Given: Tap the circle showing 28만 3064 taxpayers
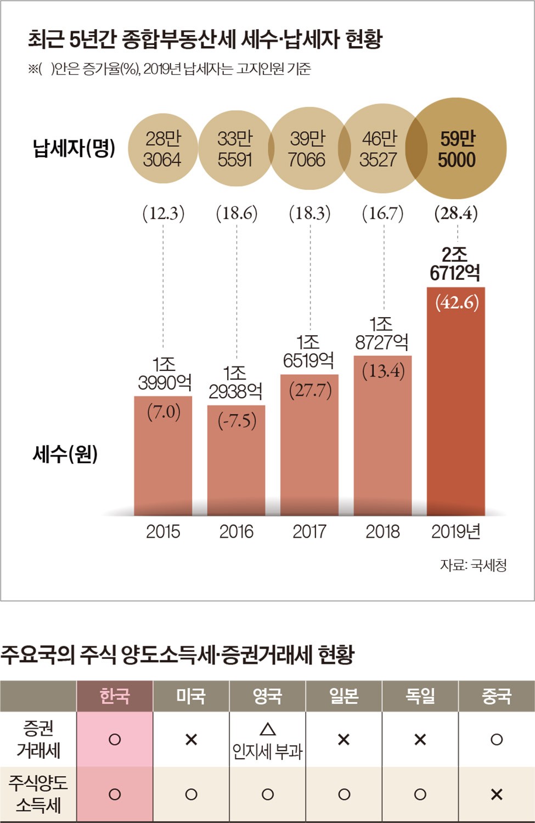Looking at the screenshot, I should [162, 149].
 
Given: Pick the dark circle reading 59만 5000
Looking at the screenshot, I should [457, 149].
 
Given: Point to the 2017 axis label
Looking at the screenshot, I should [309, 531].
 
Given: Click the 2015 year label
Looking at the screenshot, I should [163, 531].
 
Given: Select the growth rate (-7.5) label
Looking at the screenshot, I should [236, 421].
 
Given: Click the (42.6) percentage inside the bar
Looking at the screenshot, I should [457, 302].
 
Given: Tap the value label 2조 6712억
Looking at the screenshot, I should [455, 263].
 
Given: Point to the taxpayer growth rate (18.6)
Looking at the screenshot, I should [236, 213].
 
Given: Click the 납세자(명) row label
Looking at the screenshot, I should [74, 148].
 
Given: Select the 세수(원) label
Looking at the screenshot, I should [65, 454].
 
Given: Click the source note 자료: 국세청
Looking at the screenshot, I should [473, 565].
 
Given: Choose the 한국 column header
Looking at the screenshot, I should [115, 696].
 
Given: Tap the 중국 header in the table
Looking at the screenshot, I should [496, 696].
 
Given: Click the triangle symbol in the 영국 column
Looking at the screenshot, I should [267, 729].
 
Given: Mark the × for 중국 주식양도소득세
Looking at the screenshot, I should [496, 794].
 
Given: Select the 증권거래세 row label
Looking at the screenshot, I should [38, 739].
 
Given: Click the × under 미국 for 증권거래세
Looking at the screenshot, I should [191, 740].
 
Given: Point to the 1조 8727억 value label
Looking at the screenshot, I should [381, 333].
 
